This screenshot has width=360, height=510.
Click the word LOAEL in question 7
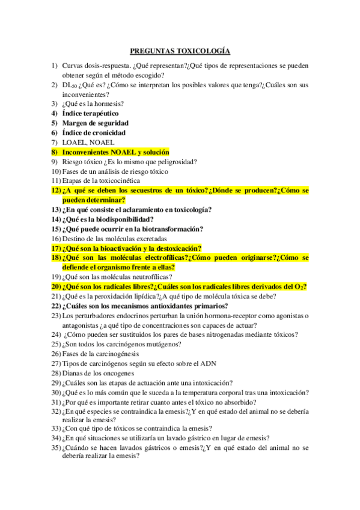(73, 143)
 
